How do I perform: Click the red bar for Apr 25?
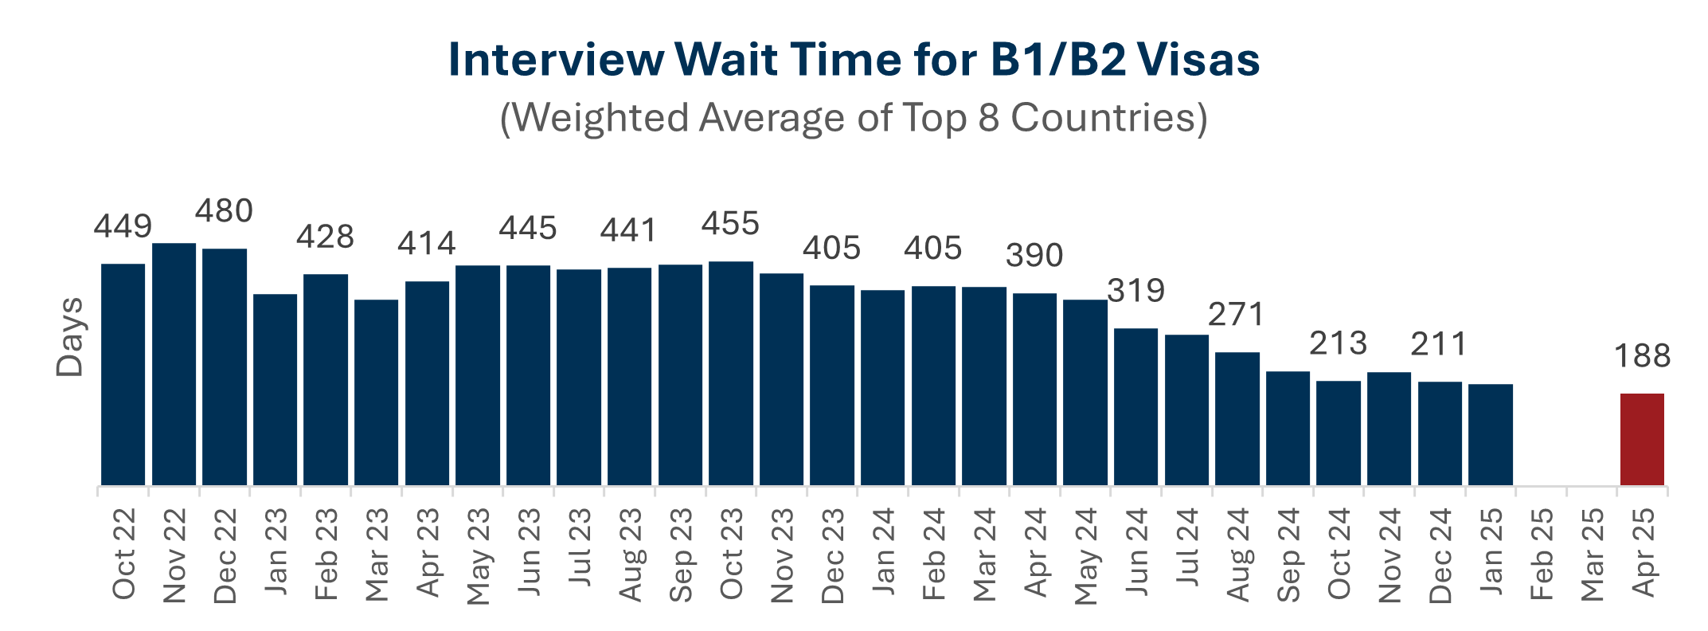coord(1642,439)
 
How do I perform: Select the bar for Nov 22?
coord(174,364)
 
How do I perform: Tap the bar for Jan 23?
coord(275,390)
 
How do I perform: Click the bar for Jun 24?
coord(1135,406)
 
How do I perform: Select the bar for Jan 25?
coord(1491,434)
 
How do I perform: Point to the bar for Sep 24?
coord(1288,428)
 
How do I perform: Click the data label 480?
coord(224,211)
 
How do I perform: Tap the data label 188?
coord(1642,356)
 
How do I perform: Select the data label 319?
coord(1135,291)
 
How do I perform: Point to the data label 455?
coord(730,224)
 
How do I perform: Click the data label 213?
coord(1339,343)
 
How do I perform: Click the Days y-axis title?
coord(70,336)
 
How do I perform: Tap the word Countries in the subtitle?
coord(1108,118)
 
